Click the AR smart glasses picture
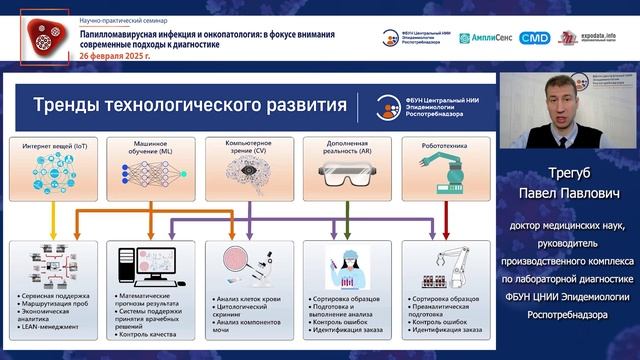click(346, 175)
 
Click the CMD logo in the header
click(534, 38)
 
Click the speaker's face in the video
click(563, 104)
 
